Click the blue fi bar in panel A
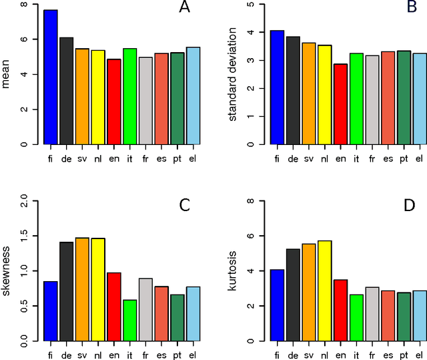coord(50,77)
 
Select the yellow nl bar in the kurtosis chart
coord(324,291)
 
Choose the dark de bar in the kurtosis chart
coord(292,295)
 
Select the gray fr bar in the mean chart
coord(145,101)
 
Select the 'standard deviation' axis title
coord(233,74)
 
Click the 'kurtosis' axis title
coord(233,271)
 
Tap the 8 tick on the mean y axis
coord(25,5)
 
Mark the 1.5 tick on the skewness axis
coord(25,236)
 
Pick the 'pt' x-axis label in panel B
coord(403,158)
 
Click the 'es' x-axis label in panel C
coord(161,355)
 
